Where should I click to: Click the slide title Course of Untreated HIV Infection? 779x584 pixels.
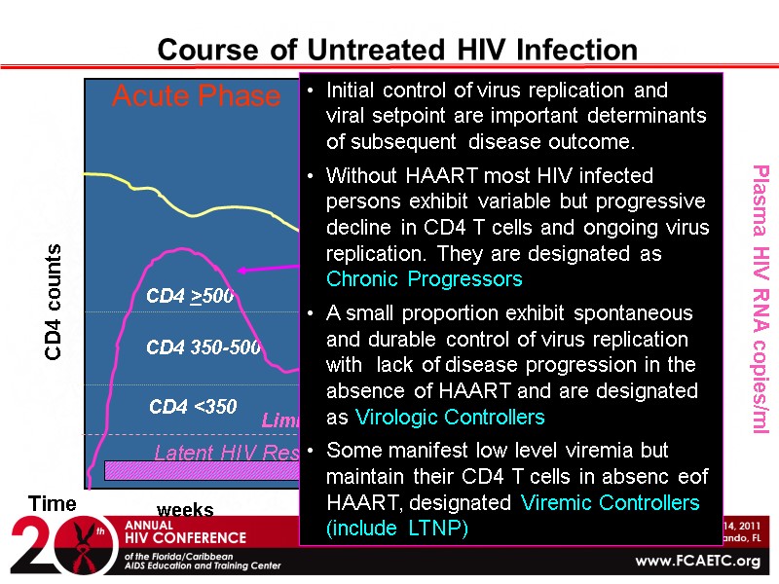click(397, 49)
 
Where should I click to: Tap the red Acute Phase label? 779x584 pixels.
click(196, 96)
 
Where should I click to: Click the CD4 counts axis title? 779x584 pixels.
click(56, 302)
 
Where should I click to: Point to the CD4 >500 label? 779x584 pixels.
click(190, 296)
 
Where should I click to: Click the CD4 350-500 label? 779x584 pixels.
click(204, 347)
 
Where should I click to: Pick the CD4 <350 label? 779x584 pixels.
click(193, 407)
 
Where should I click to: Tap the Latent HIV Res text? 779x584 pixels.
click(226, 453)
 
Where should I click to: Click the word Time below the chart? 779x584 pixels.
click(52, 502)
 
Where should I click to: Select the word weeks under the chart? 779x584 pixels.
click(185, 510)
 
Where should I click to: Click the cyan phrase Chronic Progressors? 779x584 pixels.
click(425, 279)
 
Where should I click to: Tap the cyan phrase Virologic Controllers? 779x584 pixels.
click(450, 417)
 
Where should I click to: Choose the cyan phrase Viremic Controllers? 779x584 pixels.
click(610, 502)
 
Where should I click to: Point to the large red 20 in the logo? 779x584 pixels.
click(49, 547)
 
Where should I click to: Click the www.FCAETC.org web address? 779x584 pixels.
click(698, 562)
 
